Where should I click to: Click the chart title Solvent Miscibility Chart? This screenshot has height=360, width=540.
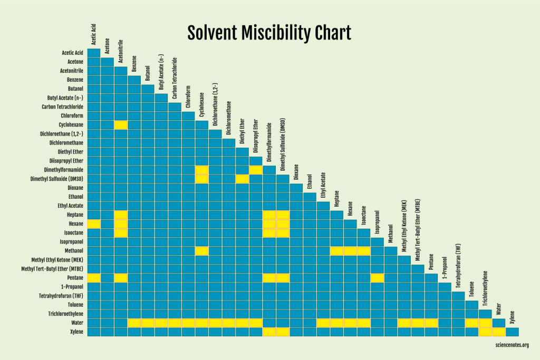tap(269, 33)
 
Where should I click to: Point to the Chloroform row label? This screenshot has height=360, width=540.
tap(72, 115)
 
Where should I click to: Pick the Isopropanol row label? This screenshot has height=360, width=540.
tap(70, 241)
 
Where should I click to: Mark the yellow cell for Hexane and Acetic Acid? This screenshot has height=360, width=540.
tap(94, 223)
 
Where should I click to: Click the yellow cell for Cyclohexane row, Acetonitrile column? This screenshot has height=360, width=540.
tap(121, 125)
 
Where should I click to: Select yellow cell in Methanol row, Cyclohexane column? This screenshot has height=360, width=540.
tap(201, 250)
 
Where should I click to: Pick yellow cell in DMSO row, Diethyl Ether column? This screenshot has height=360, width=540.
tap(242, 179)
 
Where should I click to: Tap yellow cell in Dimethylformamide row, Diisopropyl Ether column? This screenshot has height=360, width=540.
tap(256, 170)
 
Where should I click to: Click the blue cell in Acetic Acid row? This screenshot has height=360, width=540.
tap(94, 53)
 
